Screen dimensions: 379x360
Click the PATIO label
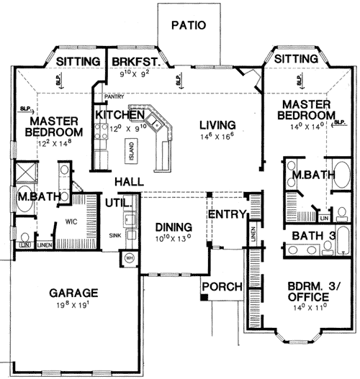tap(189, 25)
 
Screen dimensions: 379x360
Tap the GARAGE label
tap(74, 293)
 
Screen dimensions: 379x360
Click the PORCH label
tap(221, 287)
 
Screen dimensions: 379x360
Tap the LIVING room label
tap(218, 124)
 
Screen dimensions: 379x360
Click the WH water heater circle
tap(130, 258)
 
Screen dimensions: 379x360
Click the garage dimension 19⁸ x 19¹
tap(74, 308)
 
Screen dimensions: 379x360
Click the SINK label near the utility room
tap(114, 234)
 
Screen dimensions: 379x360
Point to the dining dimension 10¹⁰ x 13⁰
tap(167, 238)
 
